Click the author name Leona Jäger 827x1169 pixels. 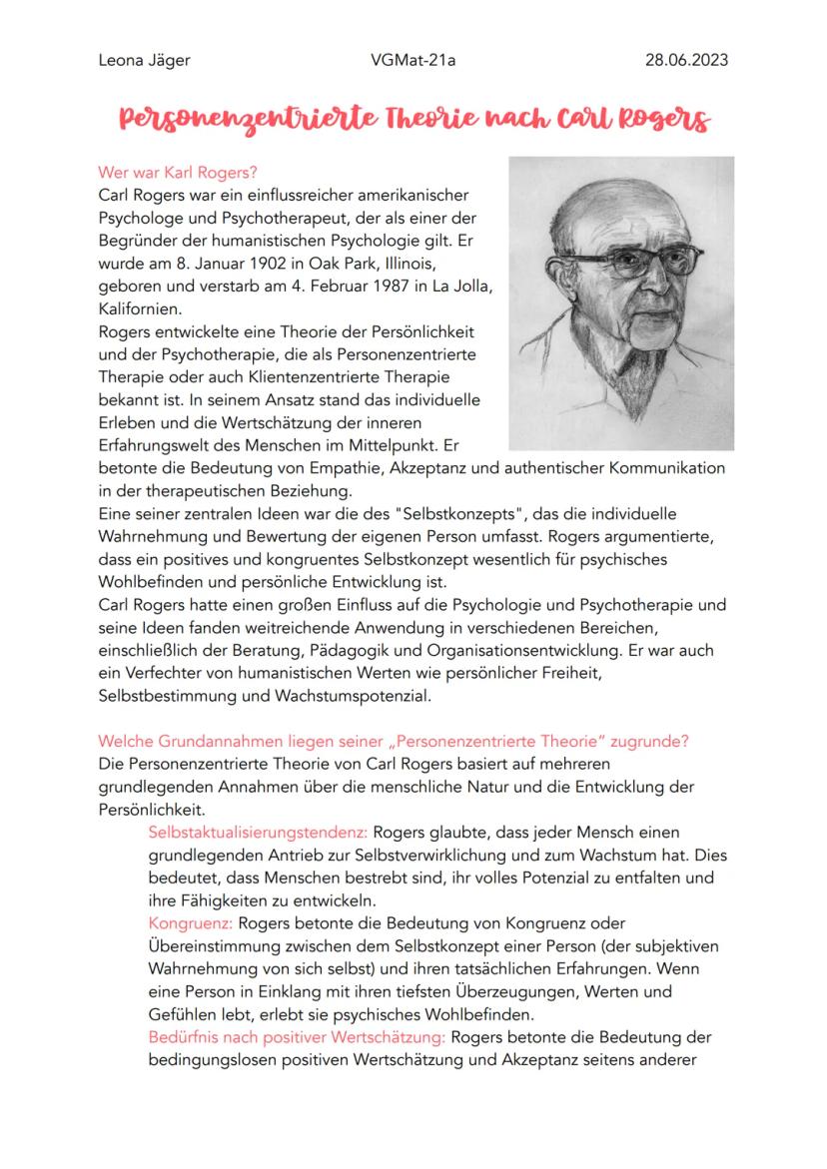point(144,60)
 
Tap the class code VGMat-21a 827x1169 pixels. point(413,60)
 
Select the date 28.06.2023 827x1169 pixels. point(688,60)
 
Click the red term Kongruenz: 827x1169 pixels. point(190,922)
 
